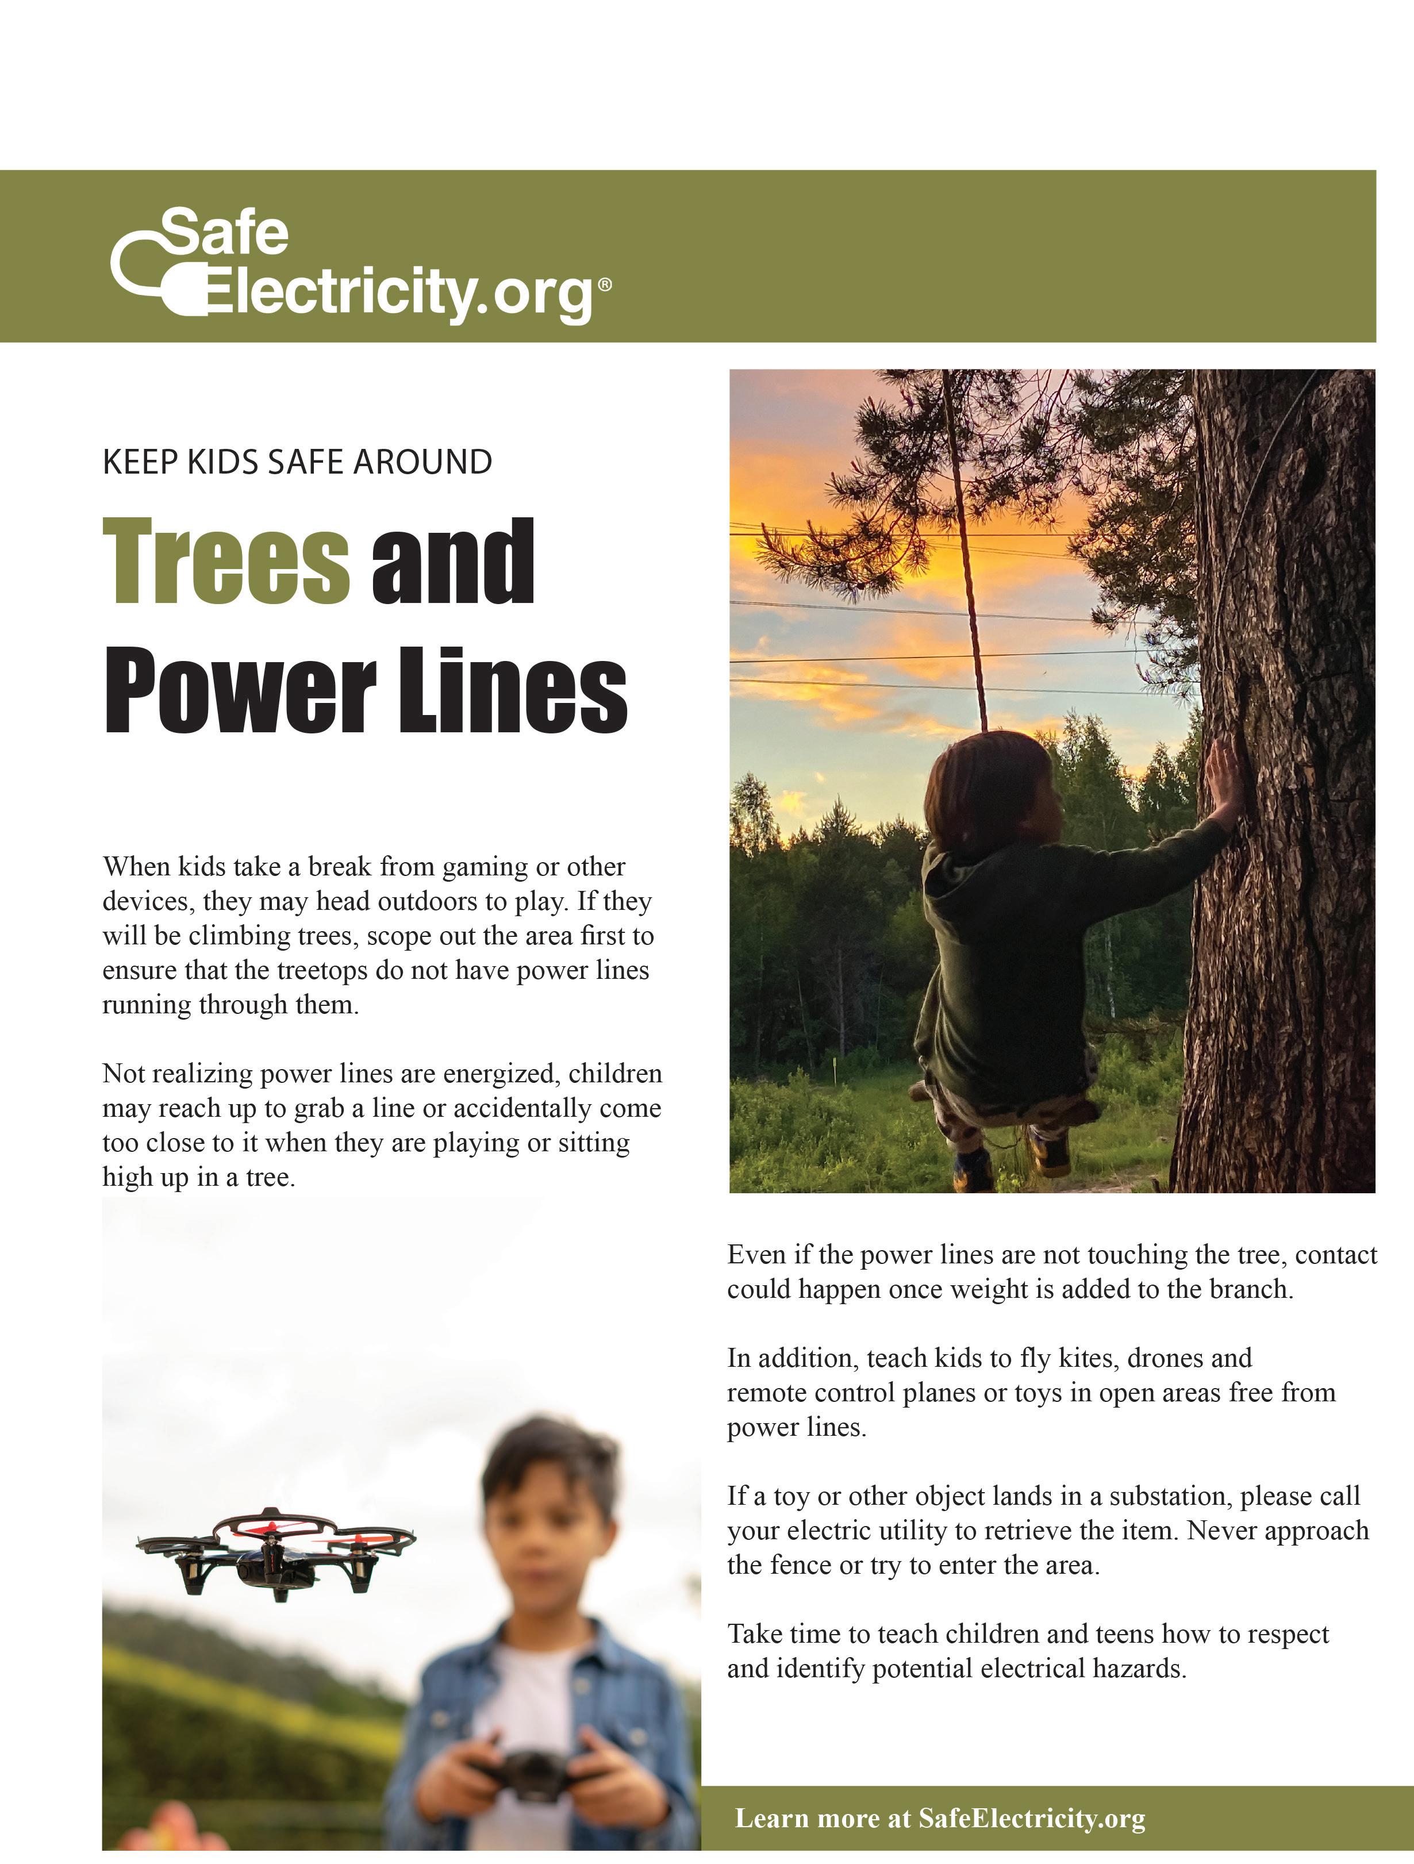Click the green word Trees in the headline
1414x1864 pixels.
coord(226,562)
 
